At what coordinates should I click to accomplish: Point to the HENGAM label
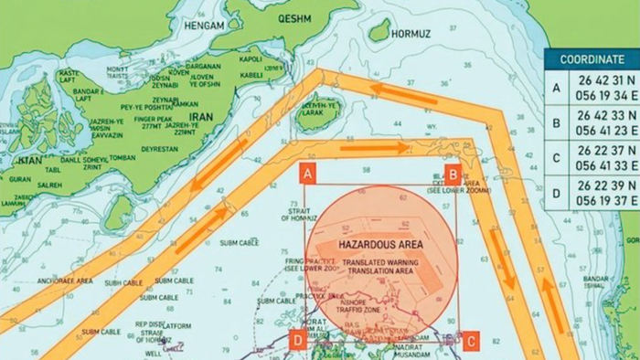(206, 28)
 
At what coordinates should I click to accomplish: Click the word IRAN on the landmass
(198, 118)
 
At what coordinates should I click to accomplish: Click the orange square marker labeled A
(308, 173)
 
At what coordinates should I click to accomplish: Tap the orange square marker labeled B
(452, 173)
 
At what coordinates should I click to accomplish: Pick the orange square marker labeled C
(470, 341)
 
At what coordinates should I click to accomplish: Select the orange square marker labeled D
(297, 341)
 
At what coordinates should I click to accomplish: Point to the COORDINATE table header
(592, 59)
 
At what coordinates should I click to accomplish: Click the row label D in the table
(556, 194)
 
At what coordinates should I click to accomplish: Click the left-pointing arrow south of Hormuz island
(402, 94)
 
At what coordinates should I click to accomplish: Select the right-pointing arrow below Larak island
(375, 146)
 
